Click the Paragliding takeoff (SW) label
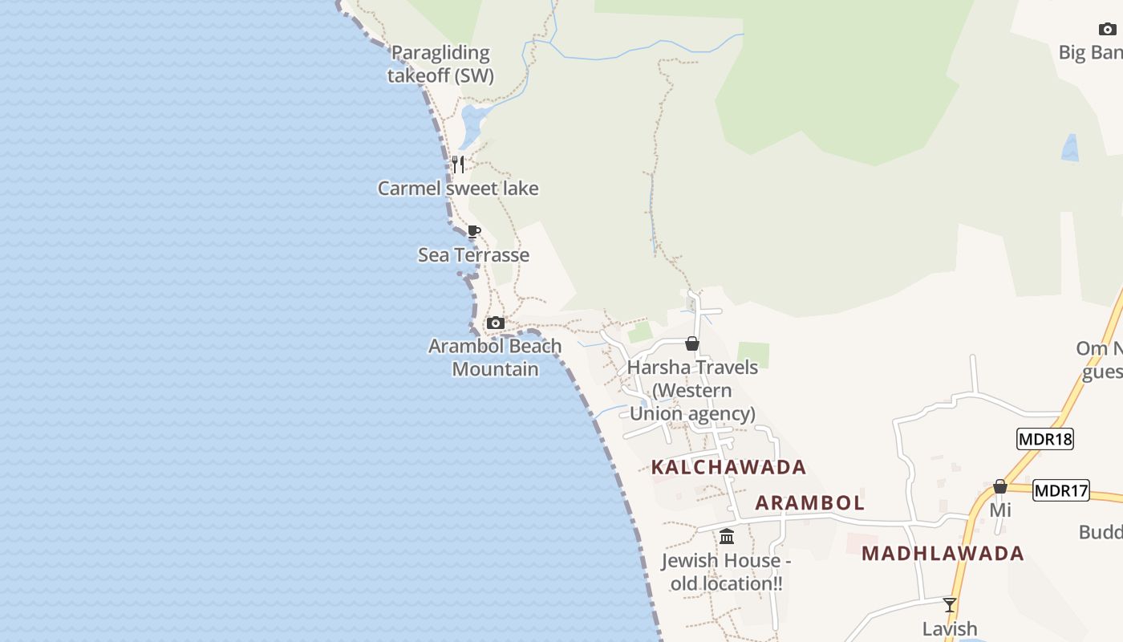tap(440, 64)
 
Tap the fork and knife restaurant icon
tap(458, 165)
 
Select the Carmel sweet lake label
tap(458, 189)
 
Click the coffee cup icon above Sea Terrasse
tap(474, 232)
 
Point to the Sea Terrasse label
tap(473, 255)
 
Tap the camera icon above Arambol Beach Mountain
tap(496, 323)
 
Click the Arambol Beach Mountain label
tap(495, 357)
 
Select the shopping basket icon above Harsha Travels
tap(692, 343)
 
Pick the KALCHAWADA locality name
tap(728, 467)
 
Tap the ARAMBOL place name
tap(810, 503)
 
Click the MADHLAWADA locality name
tap(943, 553)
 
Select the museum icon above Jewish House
tap(727, 536)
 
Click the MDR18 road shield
tap(1044, 439)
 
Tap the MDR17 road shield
tap(1061, 490)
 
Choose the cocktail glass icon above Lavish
tap(950, 604)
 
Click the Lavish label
tap(950, 628)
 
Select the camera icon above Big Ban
tap(1107, 30)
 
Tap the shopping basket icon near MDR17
tap(1000, 486)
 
